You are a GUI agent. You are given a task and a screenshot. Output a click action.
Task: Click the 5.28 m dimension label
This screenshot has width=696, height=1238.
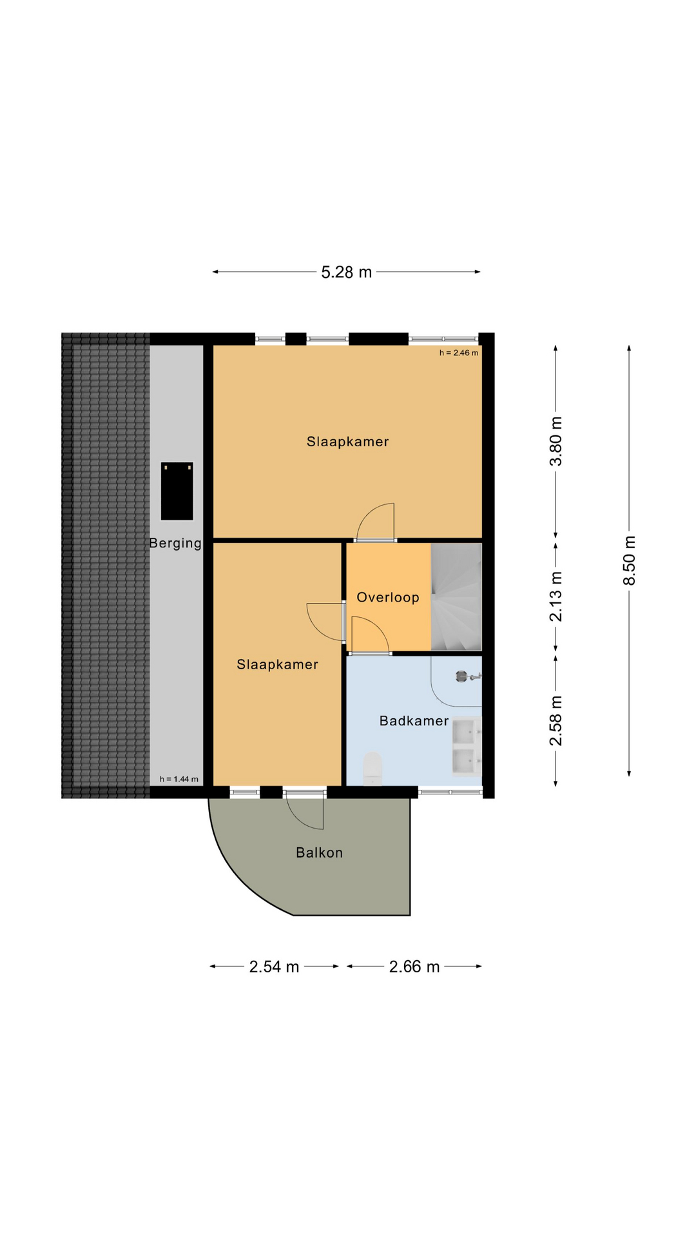coord(347,272)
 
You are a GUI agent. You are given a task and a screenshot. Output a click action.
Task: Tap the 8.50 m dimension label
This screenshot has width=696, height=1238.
coord(630,560)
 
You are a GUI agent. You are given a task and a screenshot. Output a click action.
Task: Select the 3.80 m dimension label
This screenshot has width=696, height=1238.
coord(556,441)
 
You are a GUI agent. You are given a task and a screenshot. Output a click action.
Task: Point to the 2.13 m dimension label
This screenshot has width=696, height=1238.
coord(556,596)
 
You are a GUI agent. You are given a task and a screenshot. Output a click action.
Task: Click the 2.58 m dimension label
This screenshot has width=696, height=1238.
coord(556,721)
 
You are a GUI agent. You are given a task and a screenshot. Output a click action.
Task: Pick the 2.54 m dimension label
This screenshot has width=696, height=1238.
coord(275,967)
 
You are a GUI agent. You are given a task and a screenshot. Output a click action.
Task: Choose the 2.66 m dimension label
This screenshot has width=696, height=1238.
coord(414,967)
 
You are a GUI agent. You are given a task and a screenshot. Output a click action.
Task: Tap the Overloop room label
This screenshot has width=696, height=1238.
coord(388,597)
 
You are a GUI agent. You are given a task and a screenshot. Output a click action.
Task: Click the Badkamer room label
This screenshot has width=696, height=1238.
coord(414,721)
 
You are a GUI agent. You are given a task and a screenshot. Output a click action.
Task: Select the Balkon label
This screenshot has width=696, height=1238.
coord(319,852)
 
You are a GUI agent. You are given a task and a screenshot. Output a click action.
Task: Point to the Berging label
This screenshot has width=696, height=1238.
coord(175,544)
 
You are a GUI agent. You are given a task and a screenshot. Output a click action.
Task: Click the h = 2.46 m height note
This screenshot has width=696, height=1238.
coord(459,353)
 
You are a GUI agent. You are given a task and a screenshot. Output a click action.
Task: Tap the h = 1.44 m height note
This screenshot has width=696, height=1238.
coord(179,779)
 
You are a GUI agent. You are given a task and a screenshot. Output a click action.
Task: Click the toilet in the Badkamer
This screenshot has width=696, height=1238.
coord(373,769)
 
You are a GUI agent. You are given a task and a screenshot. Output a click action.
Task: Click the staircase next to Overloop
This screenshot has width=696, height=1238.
coord(456,596)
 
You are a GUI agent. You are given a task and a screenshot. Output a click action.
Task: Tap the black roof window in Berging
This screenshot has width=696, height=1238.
coord(177,491)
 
